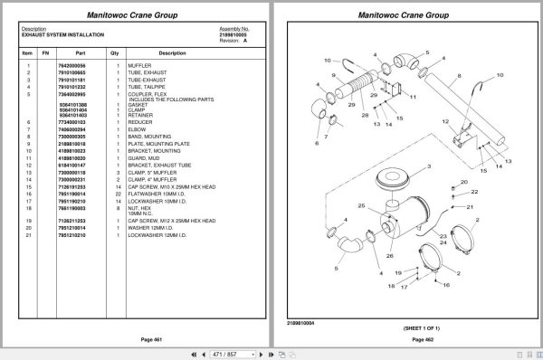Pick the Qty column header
click(x=115, y=52)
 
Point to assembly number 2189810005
click(x=233, y=34)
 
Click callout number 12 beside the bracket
click(x=445, y=121)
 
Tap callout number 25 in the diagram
click(x=360, y=207)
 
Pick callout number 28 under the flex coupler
click(x=365, y=116)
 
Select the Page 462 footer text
click(x=412, y=338)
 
